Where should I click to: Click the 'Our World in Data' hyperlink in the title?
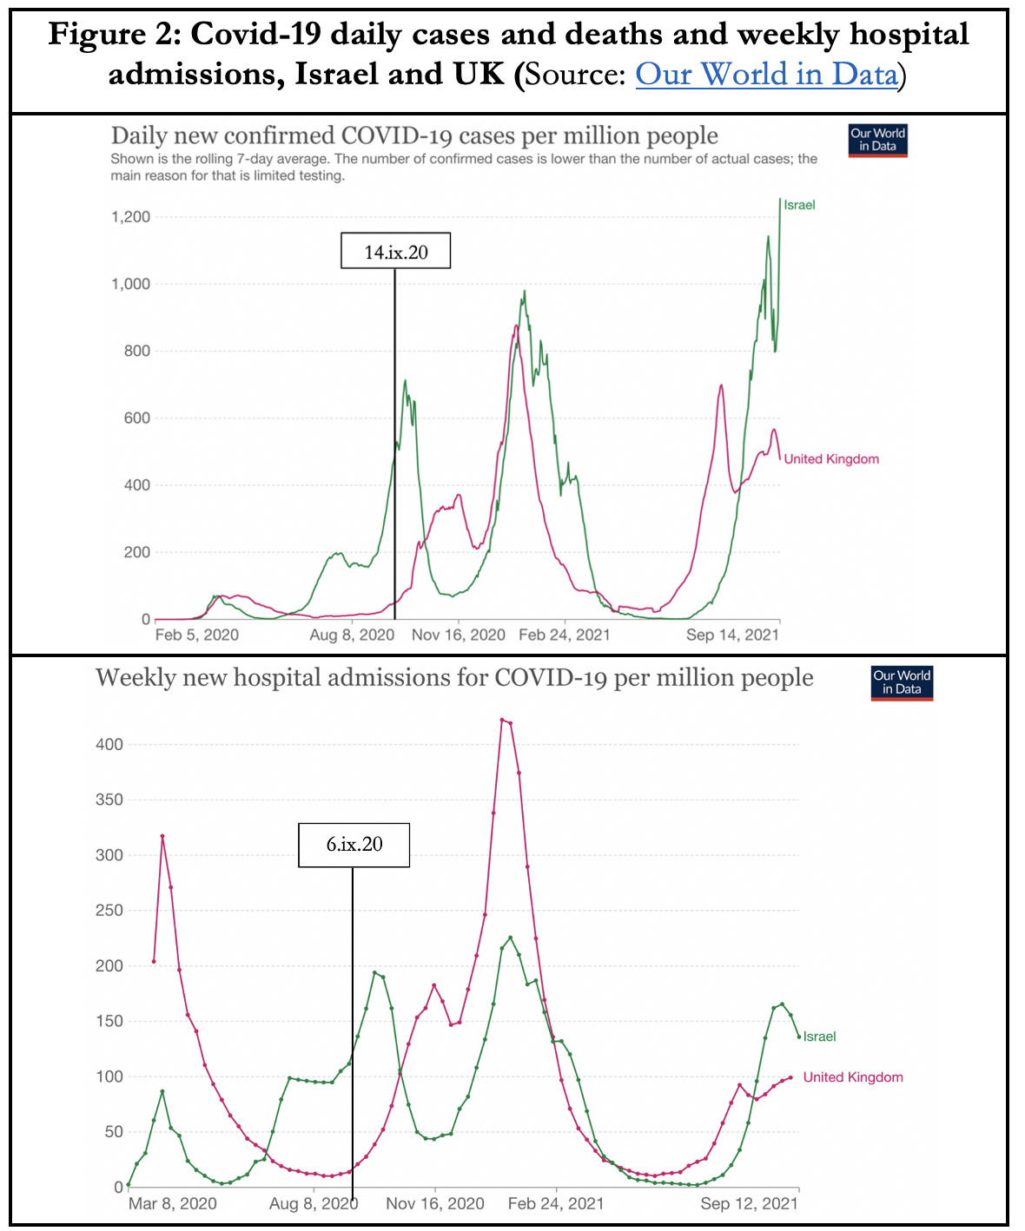(x=766, y=75)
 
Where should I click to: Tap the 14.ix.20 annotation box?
(x=395, y=252)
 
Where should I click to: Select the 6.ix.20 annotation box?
(x=354, y=844)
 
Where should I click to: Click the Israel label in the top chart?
(x=799, y=205)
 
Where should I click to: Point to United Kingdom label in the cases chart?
(x=831, y=459)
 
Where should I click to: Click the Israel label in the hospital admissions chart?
(x=819, y=1037)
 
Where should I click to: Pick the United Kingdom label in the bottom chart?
(x=853, y=1077)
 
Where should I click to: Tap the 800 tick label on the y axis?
(x=136, y=351)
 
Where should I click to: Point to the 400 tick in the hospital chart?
(x=110, y=745)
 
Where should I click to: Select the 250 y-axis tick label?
(x=110, y=911)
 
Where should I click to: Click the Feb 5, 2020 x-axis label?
(x=196, y=635)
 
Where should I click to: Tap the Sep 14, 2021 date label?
(x=732, y=635)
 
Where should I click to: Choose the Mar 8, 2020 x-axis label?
(x=172, y=1203)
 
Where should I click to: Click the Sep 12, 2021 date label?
(x=749, y=1203)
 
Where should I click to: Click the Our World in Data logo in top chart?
(x=877, y=140)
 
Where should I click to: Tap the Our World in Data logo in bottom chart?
(x=902, y=682)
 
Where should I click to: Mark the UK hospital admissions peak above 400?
(x=502, y=720)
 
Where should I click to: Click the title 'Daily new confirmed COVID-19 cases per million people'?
(x=414, y=136)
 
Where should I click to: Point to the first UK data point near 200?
(x=154, y=961)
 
